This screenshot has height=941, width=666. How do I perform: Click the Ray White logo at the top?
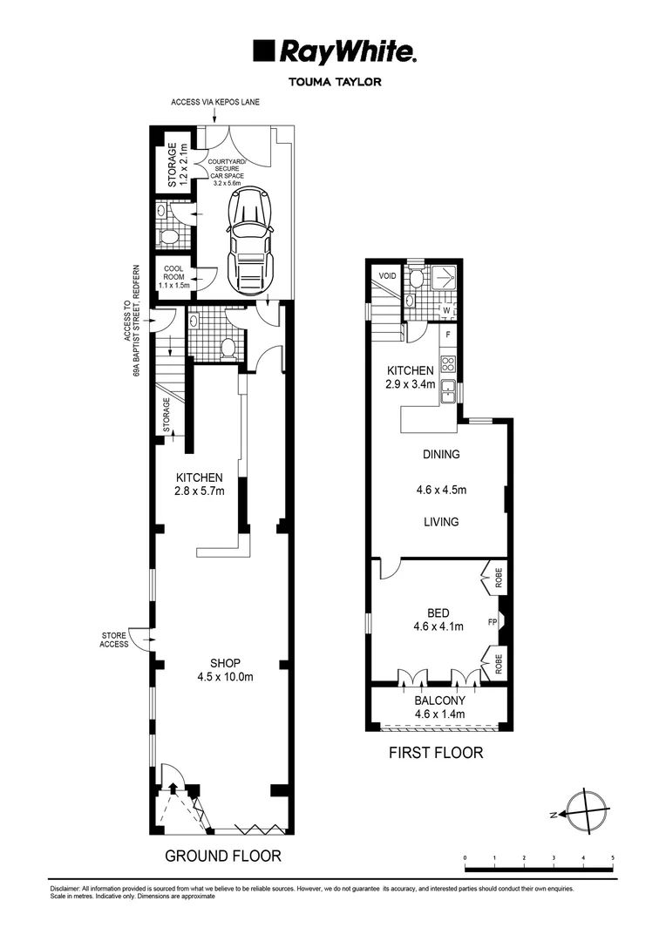coord(334,52)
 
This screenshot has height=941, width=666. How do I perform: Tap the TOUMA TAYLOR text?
coord(334,83)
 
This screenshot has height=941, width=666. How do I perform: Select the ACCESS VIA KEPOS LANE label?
coord(215,102)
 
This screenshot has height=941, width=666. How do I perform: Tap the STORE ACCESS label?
coord(114,640)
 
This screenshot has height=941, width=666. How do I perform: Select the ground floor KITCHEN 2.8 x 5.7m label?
coord(200,484)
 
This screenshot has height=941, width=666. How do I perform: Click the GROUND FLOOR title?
coord(223,856)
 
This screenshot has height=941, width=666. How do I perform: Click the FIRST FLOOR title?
coord(435,752)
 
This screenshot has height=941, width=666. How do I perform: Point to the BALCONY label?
coord(440,707)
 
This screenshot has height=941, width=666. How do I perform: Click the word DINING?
coord(440,454)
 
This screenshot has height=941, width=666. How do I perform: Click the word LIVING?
coord(440,522)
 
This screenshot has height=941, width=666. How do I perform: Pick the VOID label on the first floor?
coord(385,276)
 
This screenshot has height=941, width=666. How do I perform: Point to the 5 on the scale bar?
coord(613,858)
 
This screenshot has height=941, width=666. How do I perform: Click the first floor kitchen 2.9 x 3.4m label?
coord(411,377)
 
